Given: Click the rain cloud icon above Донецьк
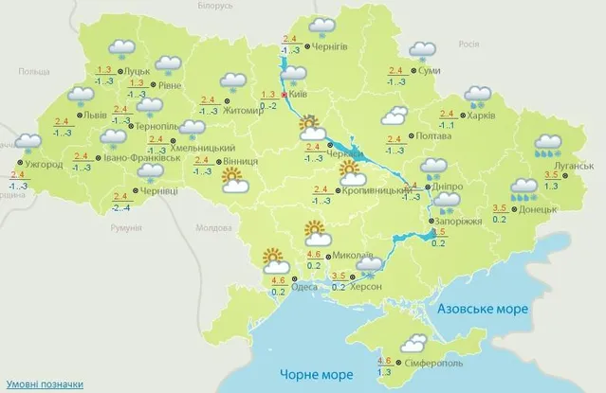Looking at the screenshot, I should coord(522,189).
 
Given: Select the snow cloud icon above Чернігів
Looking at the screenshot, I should coord(322,27).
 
